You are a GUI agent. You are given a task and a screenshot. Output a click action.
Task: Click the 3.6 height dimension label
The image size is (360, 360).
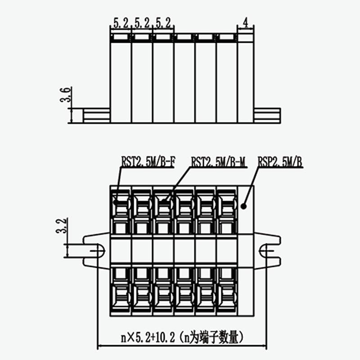tap(66, 95)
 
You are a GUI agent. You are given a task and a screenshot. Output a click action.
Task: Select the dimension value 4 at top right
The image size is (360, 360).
tap(245, 22)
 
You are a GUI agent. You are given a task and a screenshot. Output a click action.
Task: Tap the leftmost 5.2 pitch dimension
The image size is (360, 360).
tap(120, 22)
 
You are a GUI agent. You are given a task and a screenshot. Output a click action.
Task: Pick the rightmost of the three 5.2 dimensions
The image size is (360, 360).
tap(163, 22)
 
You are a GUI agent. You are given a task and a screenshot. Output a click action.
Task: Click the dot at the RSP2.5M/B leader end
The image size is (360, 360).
tap(243, 207)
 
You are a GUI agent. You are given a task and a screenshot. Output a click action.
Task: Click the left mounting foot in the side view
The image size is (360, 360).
tap(96, 115)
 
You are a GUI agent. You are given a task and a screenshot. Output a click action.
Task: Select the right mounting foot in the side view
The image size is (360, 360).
tap(267, 115)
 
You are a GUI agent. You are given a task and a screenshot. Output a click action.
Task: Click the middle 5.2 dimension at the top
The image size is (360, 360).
tap(142, 22)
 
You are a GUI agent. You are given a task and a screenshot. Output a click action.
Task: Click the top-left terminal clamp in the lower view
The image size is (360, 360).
tap(121, 205)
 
